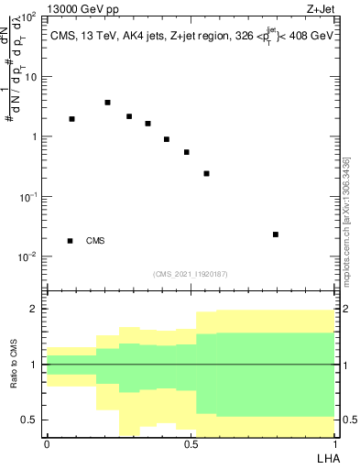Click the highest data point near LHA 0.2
pos(108,103)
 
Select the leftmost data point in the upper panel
pos(72,119)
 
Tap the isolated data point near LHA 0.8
pos(276,234)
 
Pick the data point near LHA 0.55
pos(207,173)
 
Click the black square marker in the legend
pos(71,241)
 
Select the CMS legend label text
pos(95,241)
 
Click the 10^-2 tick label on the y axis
pos(27,256)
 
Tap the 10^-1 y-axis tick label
pos(27,197)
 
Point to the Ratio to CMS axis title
pos(14,364)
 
